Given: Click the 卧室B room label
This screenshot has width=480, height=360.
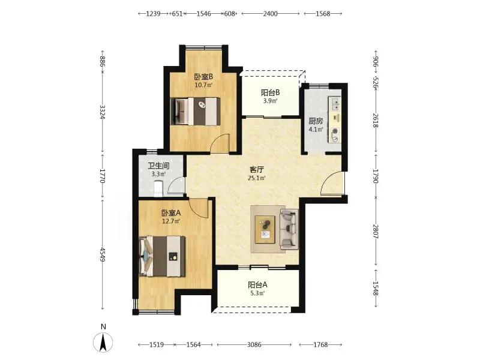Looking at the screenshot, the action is [x=203, y=76].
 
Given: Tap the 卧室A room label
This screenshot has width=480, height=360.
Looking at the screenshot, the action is [x=171, y=213].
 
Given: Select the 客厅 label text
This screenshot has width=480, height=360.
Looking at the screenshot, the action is [x=257, y=170].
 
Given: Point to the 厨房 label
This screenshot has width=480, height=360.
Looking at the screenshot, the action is [x=316, y=121].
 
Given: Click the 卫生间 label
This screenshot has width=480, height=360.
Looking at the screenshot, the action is [x=158, y=166].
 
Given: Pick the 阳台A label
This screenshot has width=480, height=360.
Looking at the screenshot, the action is [x=257, y=285].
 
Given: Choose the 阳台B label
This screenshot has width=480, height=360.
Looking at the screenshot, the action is [x=271, y=92].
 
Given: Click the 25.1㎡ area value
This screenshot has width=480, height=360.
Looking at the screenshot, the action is [x=257, y=178].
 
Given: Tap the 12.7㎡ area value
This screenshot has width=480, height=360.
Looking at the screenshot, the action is [x=171, y=221].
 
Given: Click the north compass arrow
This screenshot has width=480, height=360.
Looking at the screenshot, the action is [x=103, y=341].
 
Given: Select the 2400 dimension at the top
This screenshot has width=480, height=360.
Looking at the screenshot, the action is [x=271, y=13].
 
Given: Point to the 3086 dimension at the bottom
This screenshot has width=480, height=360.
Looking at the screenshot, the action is [x=254, y=344].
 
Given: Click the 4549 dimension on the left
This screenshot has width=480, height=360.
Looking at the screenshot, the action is [x=103, y=254].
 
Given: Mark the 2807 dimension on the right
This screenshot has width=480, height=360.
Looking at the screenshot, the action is [x=376, y=232].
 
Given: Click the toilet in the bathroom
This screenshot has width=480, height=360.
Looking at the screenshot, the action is [x=158, y=188].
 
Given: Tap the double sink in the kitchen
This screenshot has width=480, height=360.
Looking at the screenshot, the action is [x=335, y=103].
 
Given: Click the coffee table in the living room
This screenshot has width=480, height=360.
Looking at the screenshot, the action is [x=265, y=230].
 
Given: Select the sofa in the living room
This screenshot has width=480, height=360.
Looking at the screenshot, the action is [x=289, y=229].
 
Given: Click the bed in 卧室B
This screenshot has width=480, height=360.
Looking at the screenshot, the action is [x=196, y=111].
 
